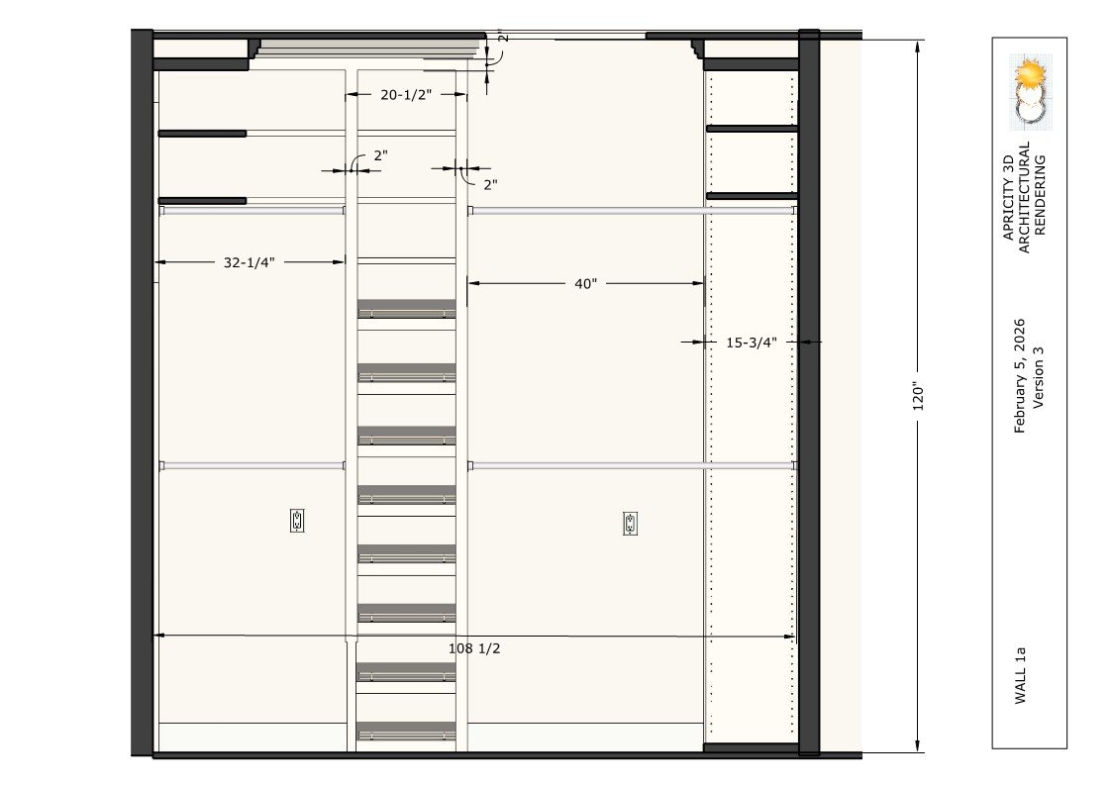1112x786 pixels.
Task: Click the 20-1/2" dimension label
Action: pyautogui.click(x=406, y=95)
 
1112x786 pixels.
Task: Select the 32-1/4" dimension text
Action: pyautogui.click(x=249, y=262)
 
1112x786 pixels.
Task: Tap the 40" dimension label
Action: pyautogui.click(x=586, y=284)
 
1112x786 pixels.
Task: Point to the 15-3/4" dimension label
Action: pyautogui.click(x=751, y=344)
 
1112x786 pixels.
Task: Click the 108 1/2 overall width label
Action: pyautogui.click(x=474, y=648)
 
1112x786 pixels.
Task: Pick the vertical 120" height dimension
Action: pyautogui.click(x=918, y=398)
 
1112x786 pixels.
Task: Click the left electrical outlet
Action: pyautogui.click(x=297, y=521)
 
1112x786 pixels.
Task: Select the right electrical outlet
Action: pyautogui.click(x=630, y=524)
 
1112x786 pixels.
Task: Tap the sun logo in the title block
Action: pyautogui.click(x=1030, y=74)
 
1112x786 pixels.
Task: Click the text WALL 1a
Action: pyautogui.click(x=1020, y=675)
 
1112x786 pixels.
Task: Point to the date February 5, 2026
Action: pyautogui.click(x=1019, y=375)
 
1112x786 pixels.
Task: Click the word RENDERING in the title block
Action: pyautogui.click(x=1040, y=195)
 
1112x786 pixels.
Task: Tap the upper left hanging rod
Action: pyautogui.click(x=252, y=211)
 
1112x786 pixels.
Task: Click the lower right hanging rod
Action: pyautogui.click(x=632, y=465)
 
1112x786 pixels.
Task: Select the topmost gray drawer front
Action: pyautogui.click(x=406, y=309)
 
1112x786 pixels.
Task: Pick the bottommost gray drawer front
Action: pyautogui.click(x=406, y=732)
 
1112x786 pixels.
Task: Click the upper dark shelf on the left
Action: pyautogui.click(x=202, y=134)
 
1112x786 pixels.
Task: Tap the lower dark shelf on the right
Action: pyautogui.click(x=752, y=196)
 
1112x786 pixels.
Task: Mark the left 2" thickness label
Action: pyautogui.click(x=381, y=155)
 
